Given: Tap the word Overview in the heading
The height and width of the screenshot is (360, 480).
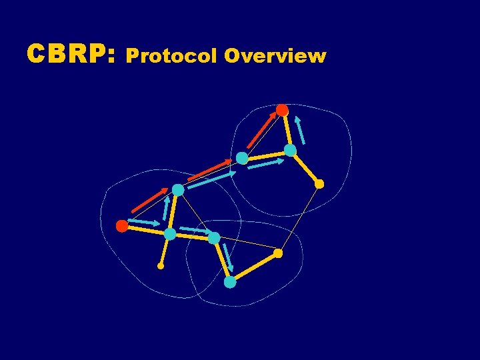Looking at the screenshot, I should pos(275,56).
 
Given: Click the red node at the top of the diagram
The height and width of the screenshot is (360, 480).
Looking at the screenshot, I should pos(283,110).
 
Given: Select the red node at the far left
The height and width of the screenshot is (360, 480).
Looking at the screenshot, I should pos(122,226).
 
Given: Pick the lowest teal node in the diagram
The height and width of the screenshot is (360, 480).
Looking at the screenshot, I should pos(230,282).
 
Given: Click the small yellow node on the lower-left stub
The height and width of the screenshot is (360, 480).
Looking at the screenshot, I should pos(161,266).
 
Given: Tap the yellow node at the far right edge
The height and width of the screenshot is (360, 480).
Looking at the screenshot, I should pos(319,184).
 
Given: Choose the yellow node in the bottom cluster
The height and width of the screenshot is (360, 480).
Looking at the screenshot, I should pos(278,253).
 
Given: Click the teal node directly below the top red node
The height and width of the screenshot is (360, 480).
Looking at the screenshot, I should pos(290,151).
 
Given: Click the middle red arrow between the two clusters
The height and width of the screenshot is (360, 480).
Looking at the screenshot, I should pos(209,170).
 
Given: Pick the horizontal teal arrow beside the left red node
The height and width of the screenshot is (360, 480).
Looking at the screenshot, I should pos(144,222).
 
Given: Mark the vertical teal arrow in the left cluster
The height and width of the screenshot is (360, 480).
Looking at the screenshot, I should pos(166,209).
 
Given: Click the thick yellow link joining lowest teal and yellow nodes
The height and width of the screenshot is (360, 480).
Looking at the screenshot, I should pos(254,268).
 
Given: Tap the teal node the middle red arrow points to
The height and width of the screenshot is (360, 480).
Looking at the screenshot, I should pos(242,159).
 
